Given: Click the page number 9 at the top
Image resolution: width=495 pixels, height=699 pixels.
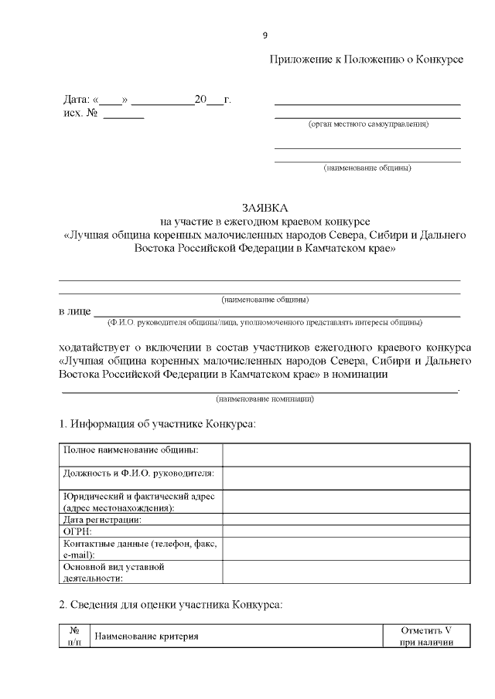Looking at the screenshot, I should click(x=265, y=36).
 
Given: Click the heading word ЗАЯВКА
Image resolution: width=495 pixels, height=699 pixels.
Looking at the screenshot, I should click(x=264, y=208).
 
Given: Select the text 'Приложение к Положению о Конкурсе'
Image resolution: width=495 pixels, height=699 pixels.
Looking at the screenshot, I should click(x=366, y=60).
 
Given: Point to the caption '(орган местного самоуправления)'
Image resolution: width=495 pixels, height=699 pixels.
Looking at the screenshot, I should click(x=368, y=124).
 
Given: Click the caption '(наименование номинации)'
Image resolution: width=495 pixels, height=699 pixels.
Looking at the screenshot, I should click(x=265, y=399).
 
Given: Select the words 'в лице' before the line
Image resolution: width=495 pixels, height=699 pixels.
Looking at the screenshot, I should click(x=74, y=312).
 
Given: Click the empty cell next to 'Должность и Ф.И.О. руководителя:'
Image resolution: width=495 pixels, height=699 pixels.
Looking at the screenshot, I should click(x=346, y=477).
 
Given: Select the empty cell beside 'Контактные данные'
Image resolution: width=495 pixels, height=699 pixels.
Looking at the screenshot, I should click(x=346, y=548).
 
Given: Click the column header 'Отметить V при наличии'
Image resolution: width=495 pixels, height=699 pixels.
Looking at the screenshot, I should click(x=426, y=636).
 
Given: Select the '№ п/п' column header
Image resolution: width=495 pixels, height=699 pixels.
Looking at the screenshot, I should click(x=75, y=636).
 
